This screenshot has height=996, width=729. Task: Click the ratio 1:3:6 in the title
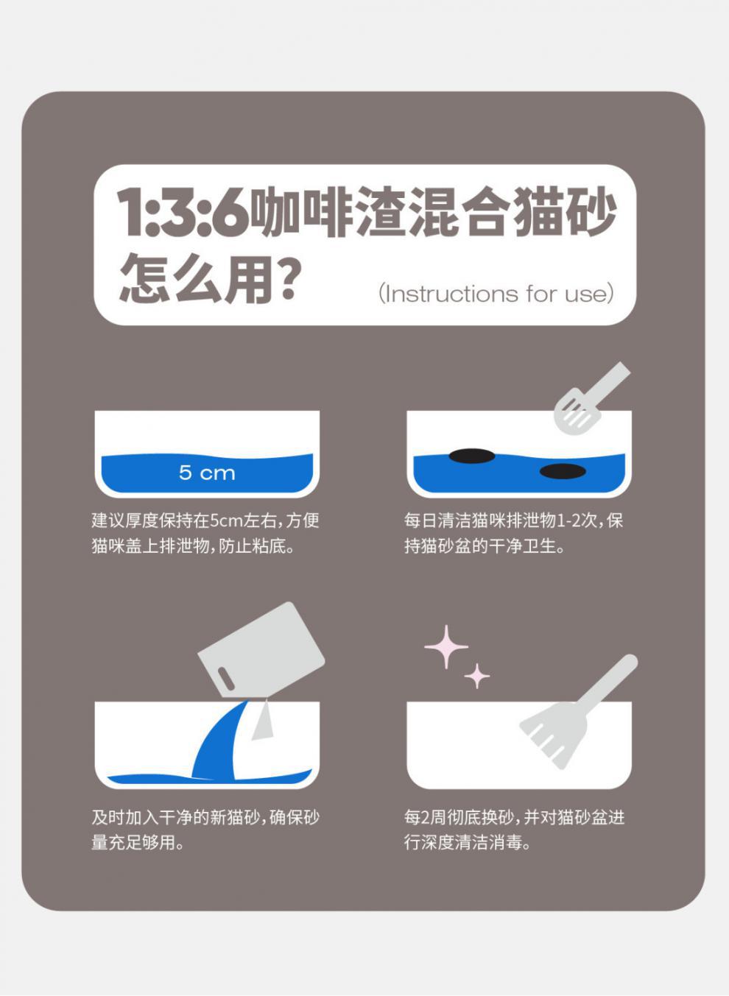tap(183, 213)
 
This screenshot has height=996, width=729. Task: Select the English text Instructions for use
tap(496, 294)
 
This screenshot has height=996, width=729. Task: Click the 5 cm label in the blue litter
tap(207, 473)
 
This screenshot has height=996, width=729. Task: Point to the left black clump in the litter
tap(471, 456)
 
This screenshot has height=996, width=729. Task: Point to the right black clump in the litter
tap(563, 471)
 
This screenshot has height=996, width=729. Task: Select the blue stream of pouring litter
tap(221, 744)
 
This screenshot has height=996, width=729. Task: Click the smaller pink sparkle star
tap(477, 676)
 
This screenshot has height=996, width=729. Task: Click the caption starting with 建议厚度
tap(205, 533)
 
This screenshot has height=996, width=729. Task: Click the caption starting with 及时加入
tap(205, 830)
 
